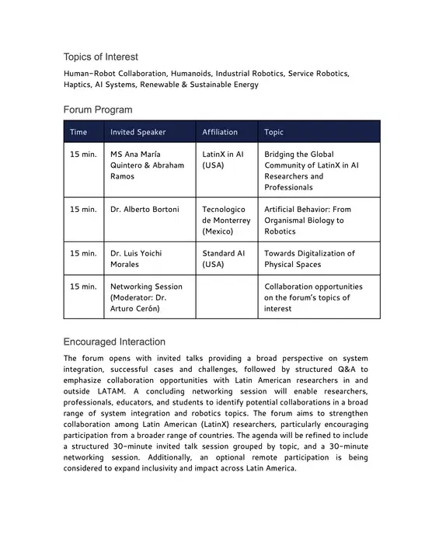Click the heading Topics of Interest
click(x=101, y=57)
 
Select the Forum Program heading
click(x=98, y=109)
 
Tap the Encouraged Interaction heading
click(x=114, y=342)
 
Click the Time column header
click(x=78, y=132)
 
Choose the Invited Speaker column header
click(x=138, y=132)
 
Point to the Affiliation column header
click(x=220, y=132)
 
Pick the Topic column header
click(x=274, y=132)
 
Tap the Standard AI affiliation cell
click(x=224, y=259)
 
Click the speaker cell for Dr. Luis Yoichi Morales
click(x=136, y=259)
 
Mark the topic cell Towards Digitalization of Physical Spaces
click(x=309, y=259)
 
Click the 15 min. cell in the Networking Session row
click(x=83, y=286)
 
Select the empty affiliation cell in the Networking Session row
click(x=226, y=297)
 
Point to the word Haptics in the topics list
click(x=78, y=85)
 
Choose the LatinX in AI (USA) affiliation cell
click(x=223, y=160)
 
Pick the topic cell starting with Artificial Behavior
click(x=308, y=220)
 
